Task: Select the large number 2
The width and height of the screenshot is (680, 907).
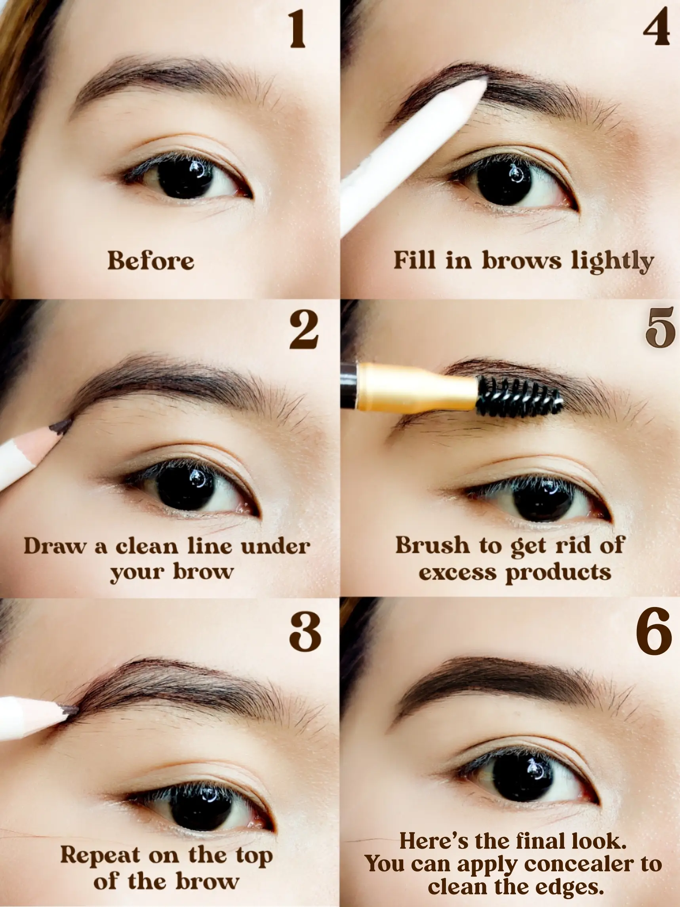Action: pyautogui.click(x=304, y=330)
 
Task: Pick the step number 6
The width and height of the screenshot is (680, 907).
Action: pyautogui.click(x=654, y=630)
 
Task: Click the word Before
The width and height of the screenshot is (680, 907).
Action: pyautogui.click(x=151, y=261)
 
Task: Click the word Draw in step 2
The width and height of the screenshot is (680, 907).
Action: pyautogui.click(x=55, y=546)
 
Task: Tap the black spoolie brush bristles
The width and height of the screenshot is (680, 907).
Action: pyautogui.click(x=519, y=397)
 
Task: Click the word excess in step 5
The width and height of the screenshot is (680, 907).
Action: pyautogui.click(x=457, y=573)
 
